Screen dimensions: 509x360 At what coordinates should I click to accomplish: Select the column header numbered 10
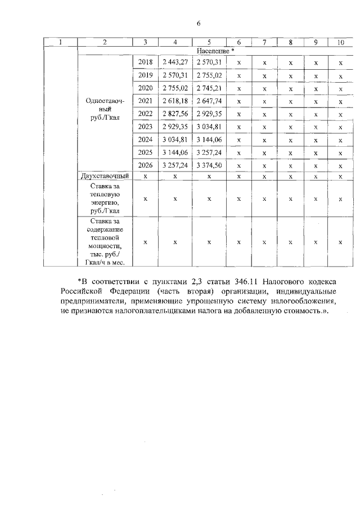(x=340, y=42)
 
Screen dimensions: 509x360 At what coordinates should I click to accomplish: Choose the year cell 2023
(x=145, y=126)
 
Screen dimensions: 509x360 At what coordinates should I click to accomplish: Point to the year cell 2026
(x=145, y=165)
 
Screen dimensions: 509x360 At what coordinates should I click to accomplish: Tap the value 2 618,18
(x=175, y=100)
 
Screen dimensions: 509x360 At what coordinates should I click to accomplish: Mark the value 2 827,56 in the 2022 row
(x=175, y=113)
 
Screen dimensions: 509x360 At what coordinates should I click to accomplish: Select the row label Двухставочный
(x=105, y=176)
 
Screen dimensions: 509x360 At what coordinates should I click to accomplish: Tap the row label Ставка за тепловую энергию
(x=105, y=198)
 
